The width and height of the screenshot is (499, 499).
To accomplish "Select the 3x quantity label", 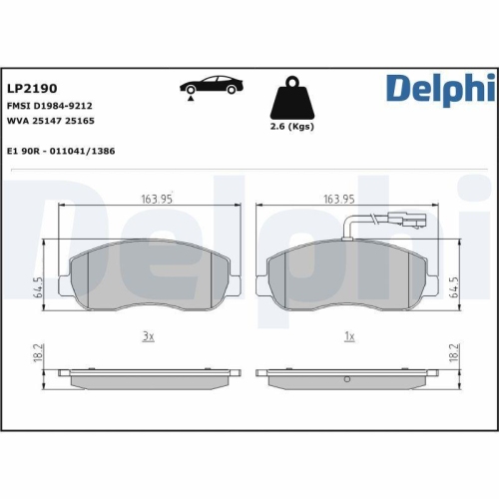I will (148, 336).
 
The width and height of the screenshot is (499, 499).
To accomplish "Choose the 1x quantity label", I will (349, 336).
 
